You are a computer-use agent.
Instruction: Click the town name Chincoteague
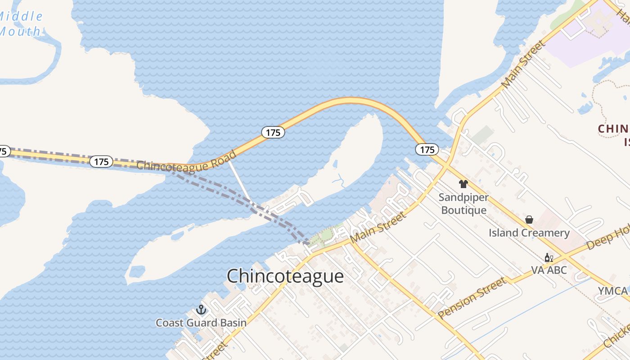click(285, 276)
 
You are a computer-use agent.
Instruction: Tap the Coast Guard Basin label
click(201, 323)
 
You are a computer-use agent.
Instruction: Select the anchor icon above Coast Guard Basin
click(201, 310)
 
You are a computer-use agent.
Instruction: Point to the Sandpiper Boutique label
click(463, 204)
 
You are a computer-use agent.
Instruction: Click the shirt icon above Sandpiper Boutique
click(463, 184)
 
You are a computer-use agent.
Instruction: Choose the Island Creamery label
click(529, 233)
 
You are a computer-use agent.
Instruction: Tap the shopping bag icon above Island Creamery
click(529, 220)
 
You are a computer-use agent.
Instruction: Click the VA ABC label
click(549, 270)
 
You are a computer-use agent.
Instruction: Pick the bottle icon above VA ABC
click(549, 257)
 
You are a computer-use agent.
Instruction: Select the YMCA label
click(612, 291)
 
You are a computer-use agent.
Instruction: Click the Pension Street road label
click(472, 298)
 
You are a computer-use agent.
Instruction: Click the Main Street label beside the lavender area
click(523, 65)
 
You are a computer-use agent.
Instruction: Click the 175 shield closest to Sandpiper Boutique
click(427, 149)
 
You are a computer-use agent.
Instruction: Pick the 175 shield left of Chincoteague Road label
click(101, 162)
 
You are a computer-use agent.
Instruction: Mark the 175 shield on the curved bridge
click(273, 132)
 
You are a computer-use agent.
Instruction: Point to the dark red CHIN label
click(613, 129)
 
